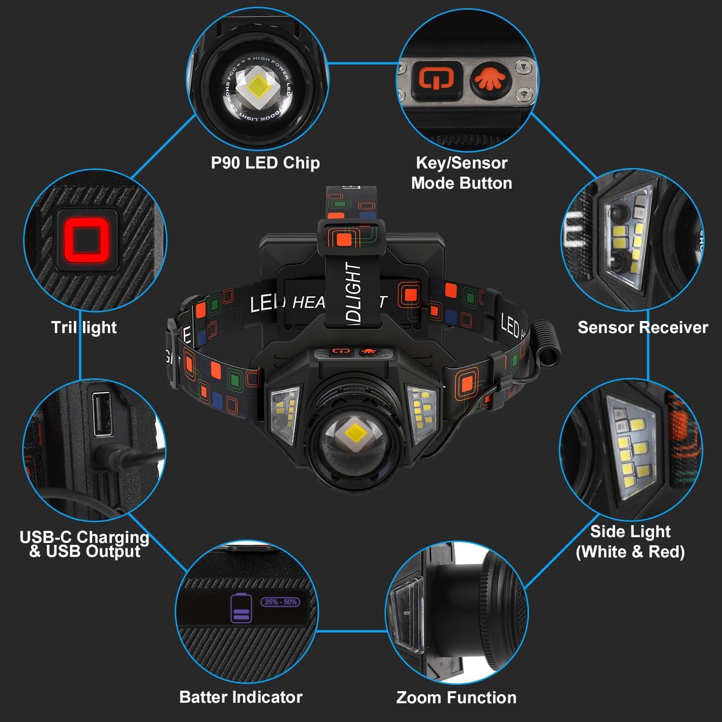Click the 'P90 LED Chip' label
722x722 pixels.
pos(265,163)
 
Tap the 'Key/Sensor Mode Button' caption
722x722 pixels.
pos(461,173)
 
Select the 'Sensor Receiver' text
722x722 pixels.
pos(643,327)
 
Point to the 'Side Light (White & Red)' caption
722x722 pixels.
pos(630,541)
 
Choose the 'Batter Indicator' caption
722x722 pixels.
pos(241,696)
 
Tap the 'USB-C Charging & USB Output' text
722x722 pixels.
pos(85,544)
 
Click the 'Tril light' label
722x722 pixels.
pos(84,327)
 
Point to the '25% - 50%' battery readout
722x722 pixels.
pos(281,602)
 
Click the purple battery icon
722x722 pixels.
pos(241,608)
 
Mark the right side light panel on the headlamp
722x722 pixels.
pos(422,412)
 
